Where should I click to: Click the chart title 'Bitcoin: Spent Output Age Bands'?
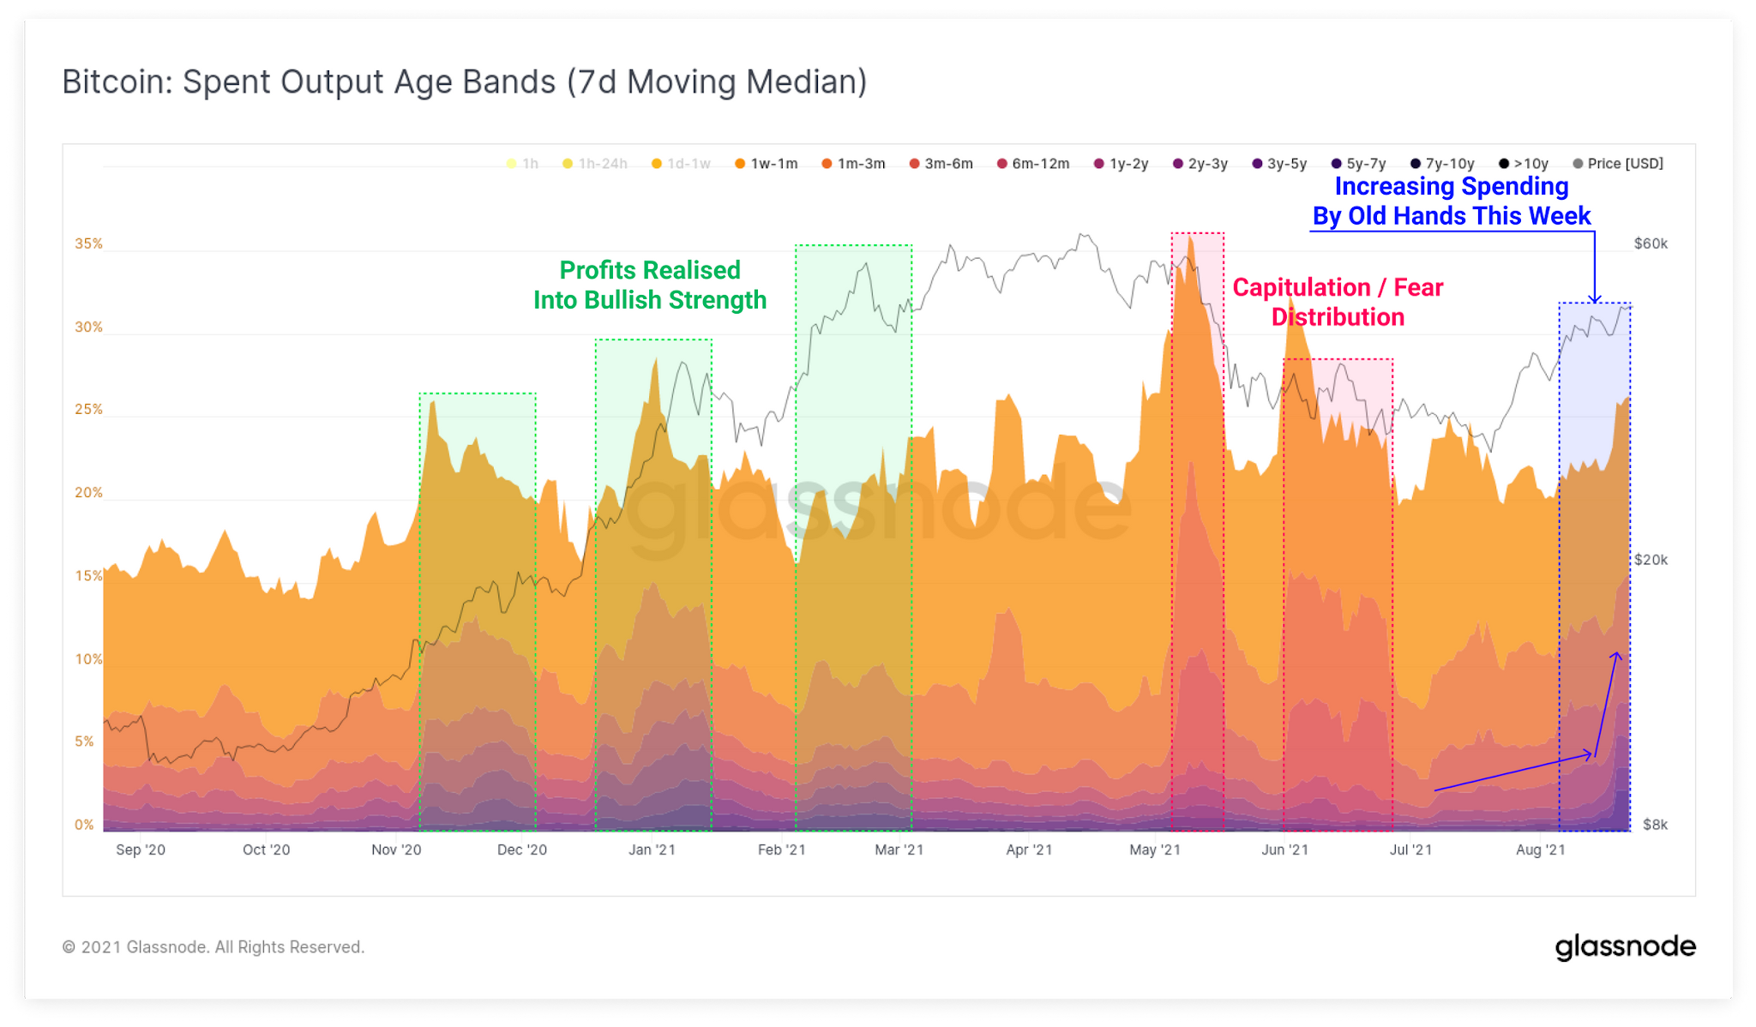click(x=464, y=82)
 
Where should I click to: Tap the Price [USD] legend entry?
click(x=1618, y=164)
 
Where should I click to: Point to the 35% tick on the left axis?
click(x=88, y=243)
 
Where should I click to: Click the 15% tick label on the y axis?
click(x=88, y=576)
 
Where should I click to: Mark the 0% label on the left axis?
click(x=84, y=825)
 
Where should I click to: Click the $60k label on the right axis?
click(x=1651, y=243)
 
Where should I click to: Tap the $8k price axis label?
click(x=1655, y=825)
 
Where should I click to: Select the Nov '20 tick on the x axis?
click(x=396, y=850)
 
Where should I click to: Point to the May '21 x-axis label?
click(x=1155, y=850)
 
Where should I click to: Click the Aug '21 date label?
click(x=1540, y=850)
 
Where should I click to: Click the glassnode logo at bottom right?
click(x=1625, y=946)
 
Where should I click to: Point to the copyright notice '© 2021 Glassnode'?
click(x=213, y=947)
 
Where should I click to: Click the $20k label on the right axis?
click(x=1651, y=560)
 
